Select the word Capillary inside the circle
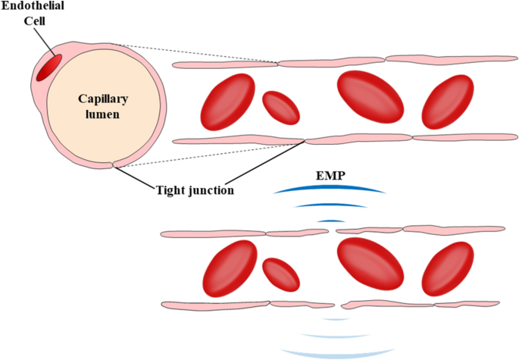click(x=104, y=99)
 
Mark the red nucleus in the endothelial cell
click(x=49, y=67)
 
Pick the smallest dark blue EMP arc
click(x=331, y=220)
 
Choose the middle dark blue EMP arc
click(x=331, y=205)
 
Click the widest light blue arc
click(x=331, y=352)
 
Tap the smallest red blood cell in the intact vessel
click(x=281, y=108)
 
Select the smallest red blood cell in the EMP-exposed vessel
click(x=281, y=274)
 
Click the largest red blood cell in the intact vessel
click(x=370, y=99)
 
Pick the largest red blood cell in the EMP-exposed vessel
click(x=370, y=265)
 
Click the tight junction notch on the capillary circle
click(x=113, y=164)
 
